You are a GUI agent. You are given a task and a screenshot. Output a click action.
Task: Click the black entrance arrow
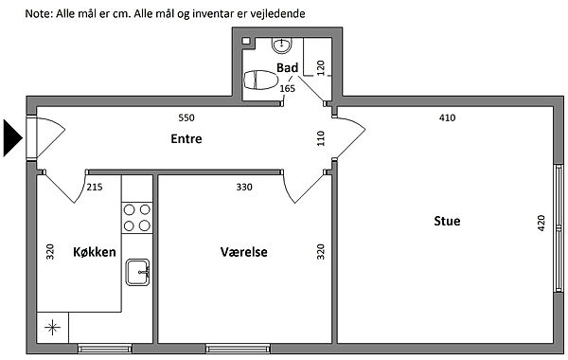point(11,138)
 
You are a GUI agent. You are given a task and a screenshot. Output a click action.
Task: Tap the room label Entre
point(186,139)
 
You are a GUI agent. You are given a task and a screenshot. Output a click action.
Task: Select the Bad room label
point(287,68)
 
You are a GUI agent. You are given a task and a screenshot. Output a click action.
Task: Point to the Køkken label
point(95,252)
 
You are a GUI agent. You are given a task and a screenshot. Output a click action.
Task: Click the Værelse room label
point(244,252)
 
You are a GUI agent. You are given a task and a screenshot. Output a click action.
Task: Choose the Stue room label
point(447,221)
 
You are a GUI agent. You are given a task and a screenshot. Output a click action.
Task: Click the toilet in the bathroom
point(260,81)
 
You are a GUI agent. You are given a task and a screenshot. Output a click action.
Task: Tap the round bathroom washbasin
point(282,45)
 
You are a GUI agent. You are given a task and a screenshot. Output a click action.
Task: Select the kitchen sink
point(137,272)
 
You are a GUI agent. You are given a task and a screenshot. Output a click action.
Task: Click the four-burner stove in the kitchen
point(137,218)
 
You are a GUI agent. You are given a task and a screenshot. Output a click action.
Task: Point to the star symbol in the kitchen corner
point(52,328)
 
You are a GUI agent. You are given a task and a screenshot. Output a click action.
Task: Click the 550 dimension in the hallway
point(186,117)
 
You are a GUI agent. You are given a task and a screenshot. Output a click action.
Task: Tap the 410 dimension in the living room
point(447,117)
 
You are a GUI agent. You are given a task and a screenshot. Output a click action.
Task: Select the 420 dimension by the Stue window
point(541,223)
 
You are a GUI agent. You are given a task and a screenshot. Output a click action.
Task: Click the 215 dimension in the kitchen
point(95,187)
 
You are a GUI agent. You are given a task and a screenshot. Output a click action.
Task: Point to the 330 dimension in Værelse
point(244,187)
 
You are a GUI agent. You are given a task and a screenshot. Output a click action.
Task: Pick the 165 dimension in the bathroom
point(287,88)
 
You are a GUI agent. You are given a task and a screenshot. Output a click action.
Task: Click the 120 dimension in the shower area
point(321,68)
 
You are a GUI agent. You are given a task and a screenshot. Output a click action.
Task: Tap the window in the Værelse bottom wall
point(238,349)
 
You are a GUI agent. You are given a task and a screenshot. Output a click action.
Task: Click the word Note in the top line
point(39,14)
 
